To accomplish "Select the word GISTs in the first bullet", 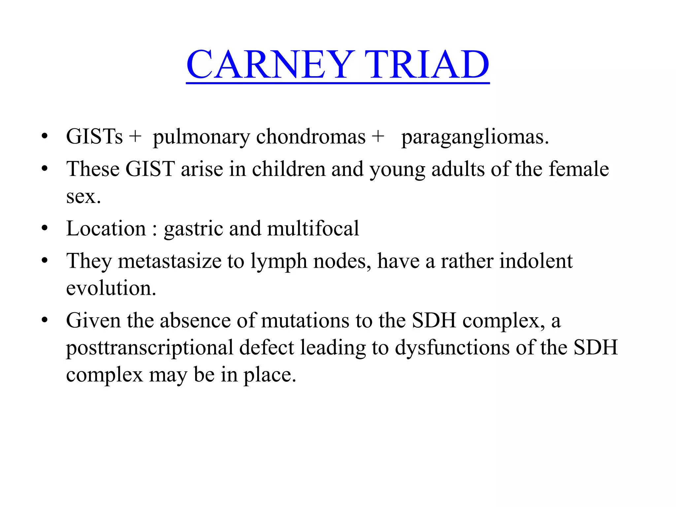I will [94, 137].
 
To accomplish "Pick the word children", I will [289, 169].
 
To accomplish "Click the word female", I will [579, 169].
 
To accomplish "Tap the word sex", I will [83, 197].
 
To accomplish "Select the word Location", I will [106, 228].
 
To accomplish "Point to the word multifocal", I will [313, 228].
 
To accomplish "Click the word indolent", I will [536, 261].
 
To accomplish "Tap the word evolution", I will [111, 288].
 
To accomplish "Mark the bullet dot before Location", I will [45, 228].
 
